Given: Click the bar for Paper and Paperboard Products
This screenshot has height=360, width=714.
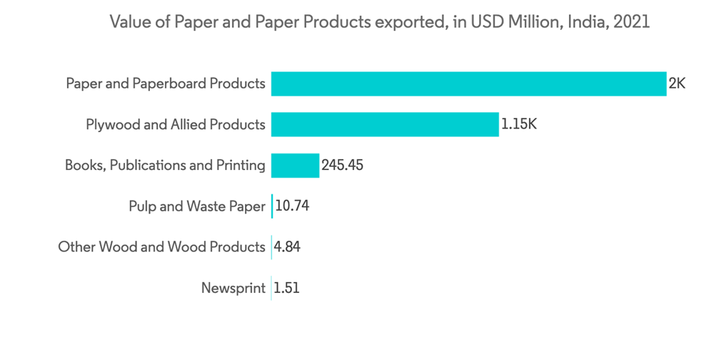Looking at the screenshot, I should tap(468, 84).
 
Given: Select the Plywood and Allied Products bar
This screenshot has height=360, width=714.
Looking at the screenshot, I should tap(385, 124).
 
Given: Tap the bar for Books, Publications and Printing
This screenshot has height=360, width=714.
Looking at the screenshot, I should tap(295, 166).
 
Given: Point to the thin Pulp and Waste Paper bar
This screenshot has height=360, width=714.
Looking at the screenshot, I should tap(272, 206).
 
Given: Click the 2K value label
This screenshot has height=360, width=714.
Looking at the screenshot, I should tap(677, 84).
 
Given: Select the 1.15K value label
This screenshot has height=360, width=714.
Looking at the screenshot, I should tap(518, 124).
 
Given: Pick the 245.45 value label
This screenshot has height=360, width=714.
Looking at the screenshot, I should tap(343, 166).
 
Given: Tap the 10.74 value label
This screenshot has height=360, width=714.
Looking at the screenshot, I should tap(291, 206).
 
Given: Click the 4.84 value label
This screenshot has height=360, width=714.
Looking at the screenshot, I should tap(288, 247).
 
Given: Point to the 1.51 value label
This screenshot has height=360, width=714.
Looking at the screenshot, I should tap(287, 289).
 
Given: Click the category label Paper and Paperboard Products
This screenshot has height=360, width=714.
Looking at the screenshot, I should tap(166, 84).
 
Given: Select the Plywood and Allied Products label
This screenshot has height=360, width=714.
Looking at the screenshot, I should tap(176, 124).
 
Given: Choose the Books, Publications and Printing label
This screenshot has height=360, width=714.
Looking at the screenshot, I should tap(165, 166).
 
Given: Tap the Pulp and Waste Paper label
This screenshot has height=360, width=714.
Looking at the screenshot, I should tap(197, 206).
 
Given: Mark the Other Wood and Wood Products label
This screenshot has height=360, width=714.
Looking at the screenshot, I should tap(161, 247).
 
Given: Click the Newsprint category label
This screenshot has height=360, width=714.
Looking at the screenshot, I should tap(233, 289).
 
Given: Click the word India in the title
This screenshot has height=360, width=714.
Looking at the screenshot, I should tap(585, 22).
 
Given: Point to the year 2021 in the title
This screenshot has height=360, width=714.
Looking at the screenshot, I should tap(630, 22).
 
